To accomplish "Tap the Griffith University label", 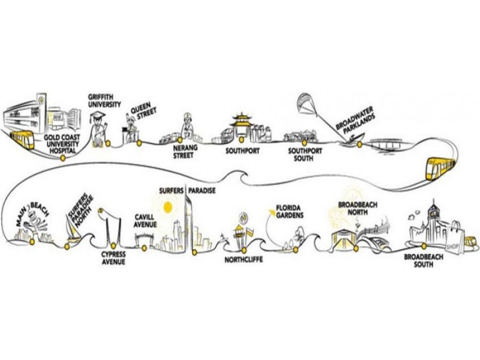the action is coord(104,101).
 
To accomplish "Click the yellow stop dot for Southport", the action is coord(242,140).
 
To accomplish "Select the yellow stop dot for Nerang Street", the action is coord(179,140).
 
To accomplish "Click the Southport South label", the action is coord(305,155).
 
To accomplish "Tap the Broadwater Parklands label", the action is coord(355,120).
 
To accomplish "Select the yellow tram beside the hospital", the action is coord(22,139).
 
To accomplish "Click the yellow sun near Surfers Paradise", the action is coord(168,207).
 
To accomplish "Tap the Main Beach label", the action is coord(32,214).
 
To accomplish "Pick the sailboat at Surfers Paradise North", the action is coord(72,228).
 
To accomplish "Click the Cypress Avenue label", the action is coord(113,258).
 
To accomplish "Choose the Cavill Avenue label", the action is coord(145,221).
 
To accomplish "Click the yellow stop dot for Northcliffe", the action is coord(244,250).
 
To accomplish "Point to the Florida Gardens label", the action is coord(290,212).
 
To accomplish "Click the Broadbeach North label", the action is coord(358,208).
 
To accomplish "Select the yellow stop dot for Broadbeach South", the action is coord(424,245).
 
